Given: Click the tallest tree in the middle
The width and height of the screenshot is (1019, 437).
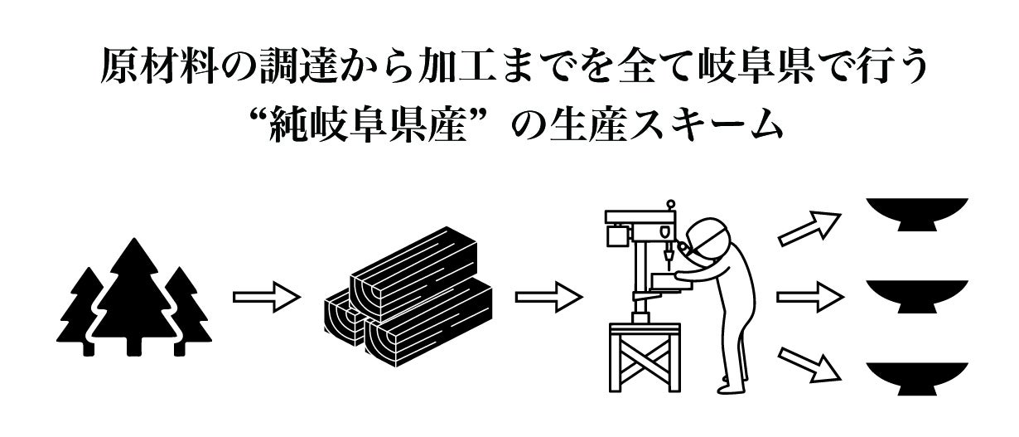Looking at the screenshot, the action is [133, 300].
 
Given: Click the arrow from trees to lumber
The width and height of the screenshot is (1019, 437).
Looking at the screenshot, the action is [267, 297].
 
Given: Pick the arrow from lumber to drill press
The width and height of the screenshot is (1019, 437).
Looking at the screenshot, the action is [549, 297].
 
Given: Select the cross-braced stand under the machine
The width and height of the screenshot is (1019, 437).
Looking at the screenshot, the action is [645, 357].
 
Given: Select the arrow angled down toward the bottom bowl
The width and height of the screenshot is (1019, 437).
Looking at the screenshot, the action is [809, 365].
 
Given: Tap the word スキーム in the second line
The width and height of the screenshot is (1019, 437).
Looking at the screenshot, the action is [705, 124].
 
